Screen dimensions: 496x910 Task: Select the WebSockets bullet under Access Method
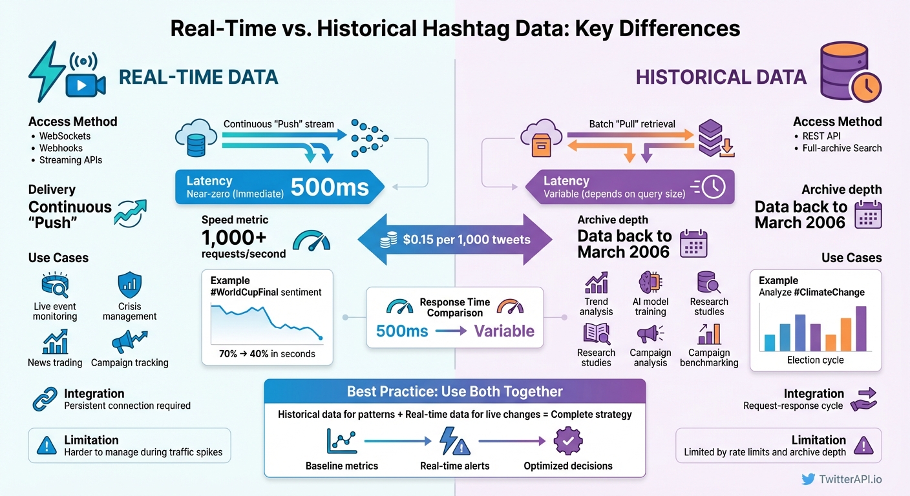click(65, 136)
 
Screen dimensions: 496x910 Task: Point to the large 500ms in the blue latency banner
click(330, 187)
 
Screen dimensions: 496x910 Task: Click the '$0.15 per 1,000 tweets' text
click(466, 240)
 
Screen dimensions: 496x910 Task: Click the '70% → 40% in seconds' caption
click(268, 353)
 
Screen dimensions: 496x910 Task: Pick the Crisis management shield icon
click(129, 285)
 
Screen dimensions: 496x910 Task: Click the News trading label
click(55, 362)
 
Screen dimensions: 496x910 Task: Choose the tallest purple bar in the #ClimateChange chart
click(861, 328)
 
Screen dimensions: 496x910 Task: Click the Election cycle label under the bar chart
click(815, 360)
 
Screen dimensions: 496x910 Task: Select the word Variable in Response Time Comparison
click(504, 331)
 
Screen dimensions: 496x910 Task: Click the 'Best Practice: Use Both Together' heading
click(454, 391)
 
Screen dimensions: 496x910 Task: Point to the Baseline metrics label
click(341, 466)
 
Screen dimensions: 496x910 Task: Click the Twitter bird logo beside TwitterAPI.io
click(808, 479)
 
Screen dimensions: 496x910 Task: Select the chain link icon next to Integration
click(45, 400)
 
